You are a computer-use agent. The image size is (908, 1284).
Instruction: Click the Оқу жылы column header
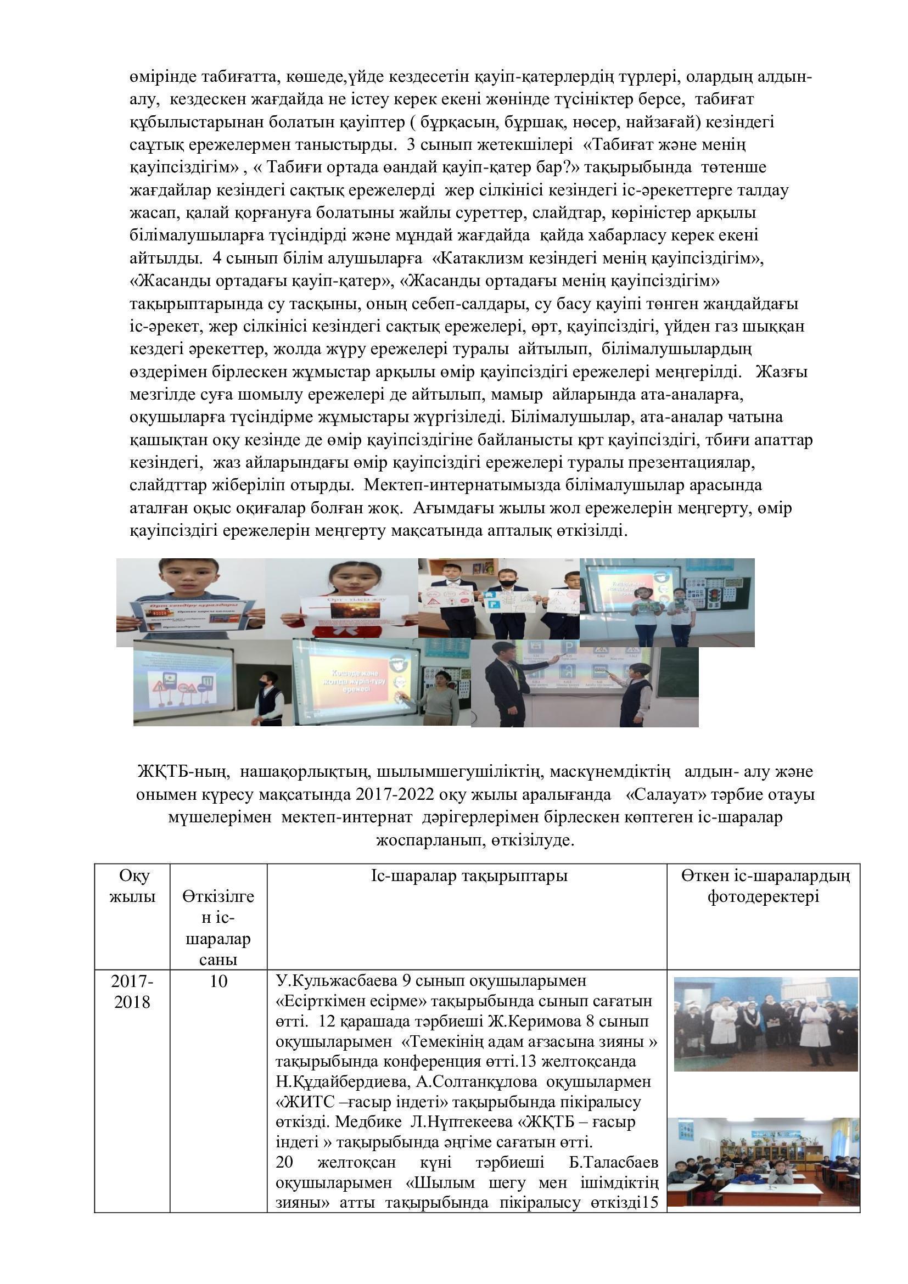(132, 886)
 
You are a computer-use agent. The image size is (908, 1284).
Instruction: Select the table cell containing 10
(218, 981)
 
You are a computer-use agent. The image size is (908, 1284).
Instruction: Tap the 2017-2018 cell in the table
(132, 991)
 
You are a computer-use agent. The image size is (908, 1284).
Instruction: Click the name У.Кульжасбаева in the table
(338, 980)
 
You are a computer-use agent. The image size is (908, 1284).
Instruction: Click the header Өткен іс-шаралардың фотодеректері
(764, 886)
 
